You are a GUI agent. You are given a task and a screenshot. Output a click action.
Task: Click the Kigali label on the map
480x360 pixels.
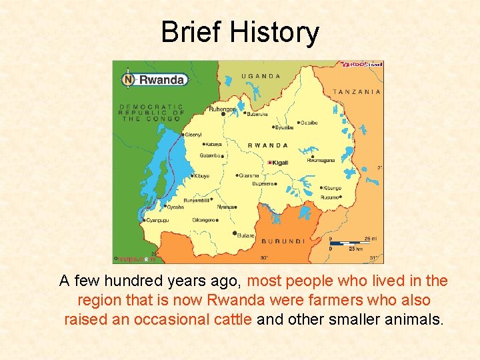pyautogui.click(x=279, y=163)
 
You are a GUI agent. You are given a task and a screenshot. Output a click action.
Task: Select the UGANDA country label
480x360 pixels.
pyautogui.click(x=261, y=76)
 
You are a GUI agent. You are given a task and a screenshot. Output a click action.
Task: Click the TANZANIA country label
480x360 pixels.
pyautogui.click(x=357, y=92)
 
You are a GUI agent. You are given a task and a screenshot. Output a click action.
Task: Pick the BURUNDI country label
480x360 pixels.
pyautogui.click(x=283, y=241)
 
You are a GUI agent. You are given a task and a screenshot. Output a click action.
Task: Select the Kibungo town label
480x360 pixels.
pyautogui.click(x=333, y=188)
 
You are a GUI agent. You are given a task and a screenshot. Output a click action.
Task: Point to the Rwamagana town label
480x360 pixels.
pyautogui.click(x=320, y=160)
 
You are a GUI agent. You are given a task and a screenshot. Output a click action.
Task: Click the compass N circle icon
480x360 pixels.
pyautogui.click(x=127, y=79)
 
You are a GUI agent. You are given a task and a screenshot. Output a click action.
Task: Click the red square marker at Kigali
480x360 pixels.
pyautogui.click(x=269, y=163)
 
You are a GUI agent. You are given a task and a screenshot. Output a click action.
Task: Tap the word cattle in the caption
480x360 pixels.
pyautogui.click(x=231, y=319)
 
